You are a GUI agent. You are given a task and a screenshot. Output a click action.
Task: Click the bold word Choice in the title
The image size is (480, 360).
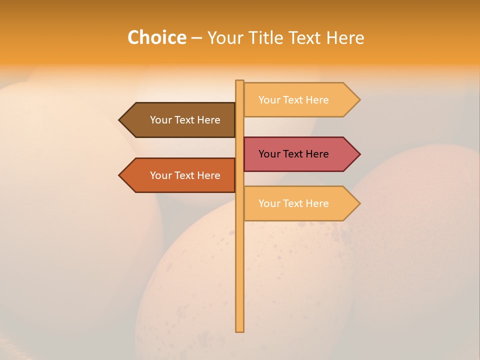click(156, 37)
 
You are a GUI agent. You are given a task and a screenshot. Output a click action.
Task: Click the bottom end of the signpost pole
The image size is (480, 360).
click(240, 330)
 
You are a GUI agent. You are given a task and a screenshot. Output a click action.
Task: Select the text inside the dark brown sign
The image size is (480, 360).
click(185, 120)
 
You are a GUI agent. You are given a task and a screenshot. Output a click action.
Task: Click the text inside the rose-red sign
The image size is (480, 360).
click(293, 154)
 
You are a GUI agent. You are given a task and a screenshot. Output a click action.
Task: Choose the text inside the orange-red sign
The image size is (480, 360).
click(185, 175)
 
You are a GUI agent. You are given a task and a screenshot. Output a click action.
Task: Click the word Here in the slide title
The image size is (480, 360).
click(345, 37)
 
